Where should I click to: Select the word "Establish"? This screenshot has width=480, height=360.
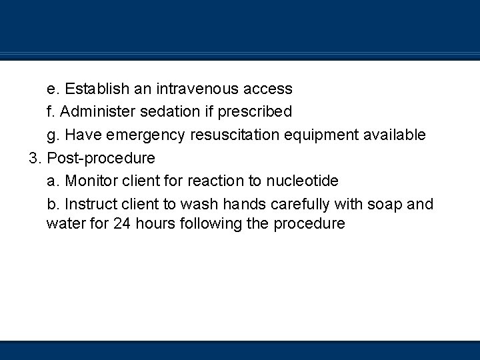[x=95, y=89]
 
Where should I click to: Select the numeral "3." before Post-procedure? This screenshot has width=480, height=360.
[x=35, y=158]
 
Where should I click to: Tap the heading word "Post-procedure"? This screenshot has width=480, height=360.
[x=101, y=158]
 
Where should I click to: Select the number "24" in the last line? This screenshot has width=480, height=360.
[x=121, y=224]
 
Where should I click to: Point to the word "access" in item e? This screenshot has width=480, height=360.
[x=268, y=89]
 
